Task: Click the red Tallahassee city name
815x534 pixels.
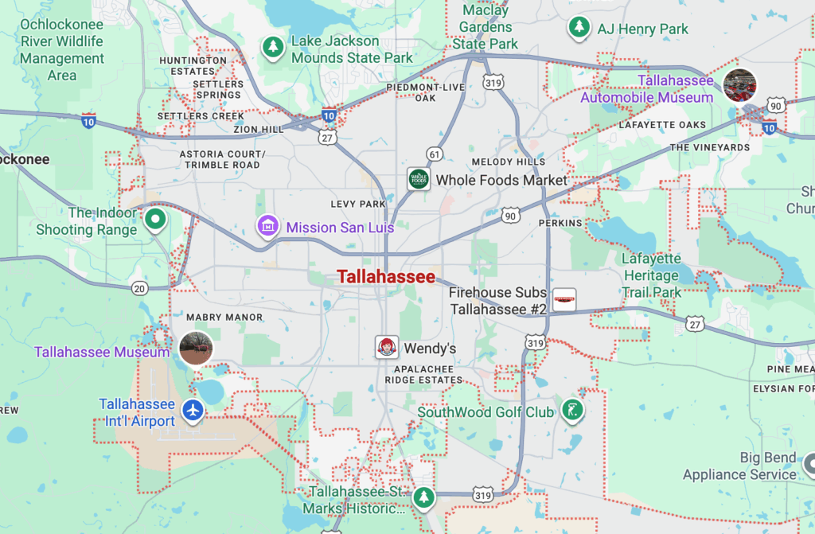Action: click(x=386, y=277)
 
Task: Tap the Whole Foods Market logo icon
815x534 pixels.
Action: click(x=419, y=179)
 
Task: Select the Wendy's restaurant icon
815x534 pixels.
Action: click(x=387, y=348)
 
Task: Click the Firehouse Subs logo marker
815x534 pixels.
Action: click(x=564, y=300)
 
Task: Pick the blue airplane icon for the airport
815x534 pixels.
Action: click(x=193, y=411)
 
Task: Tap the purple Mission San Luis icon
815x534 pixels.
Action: click(x=268, y=227)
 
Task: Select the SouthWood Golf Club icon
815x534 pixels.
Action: click(x=571, y=411)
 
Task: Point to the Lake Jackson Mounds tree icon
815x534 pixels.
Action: click(x=274, y=47)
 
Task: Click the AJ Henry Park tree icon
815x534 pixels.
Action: click(x=579, y=28)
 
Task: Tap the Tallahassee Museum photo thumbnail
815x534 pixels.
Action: click(x=195, y=348)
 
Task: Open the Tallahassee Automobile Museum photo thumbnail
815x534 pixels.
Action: click(x=739, y=85)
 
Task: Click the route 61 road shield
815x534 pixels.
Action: click(x=434, y=154)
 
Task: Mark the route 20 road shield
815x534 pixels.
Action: click(x=140, y=287)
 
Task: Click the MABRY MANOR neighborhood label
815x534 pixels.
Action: click(x=224, y=318)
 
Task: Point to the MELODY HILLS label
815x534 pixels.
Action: click(x=509, y=162)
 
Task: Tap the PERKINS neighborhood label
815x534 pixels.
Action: click(x=560, y=223)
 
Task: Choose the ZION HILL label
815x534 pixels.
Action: click(x=258, y=129)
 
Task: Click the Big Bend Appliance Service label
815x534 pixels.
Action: click(x=739, y=466)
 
